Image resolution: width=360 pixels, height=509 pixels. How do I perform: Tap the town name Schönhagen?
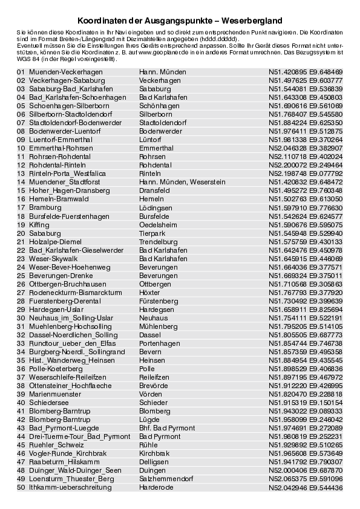point(159,105)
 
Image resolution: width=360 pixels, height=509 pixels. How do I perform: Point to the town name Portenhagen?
point(160,343)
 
